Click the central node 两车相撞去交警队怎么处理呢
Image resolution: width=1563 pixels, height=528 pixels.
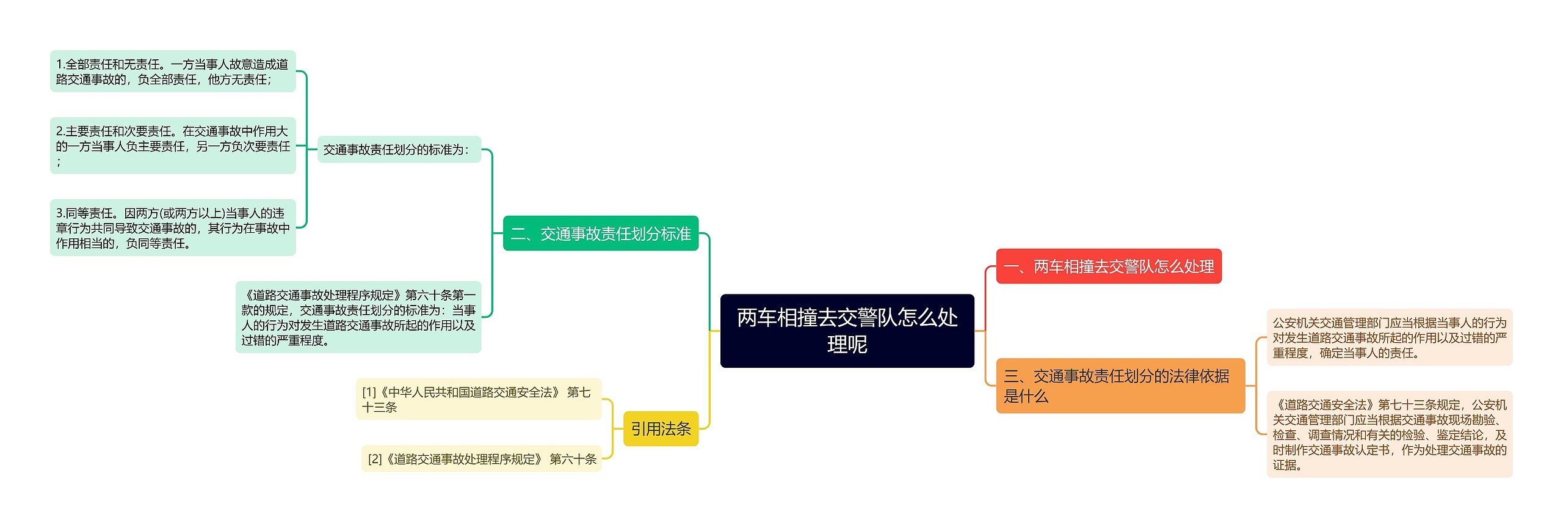pyautogui.click(x=847, y=331)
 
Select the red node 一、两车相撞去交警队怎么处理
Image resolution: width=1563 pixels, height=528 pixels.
pyautogui.click(x=1108, y=266)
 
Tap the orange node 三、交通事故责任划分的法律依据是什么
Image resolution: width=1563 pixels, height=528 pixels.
pyautogui.click(x=1120, y=386)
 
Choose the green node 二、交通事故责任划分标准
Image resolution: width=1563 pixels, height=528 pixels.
pyautogui.click(x=600, y=233)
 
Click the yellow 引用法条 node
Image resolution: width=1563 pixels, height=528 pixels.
pyautogui.click(x=661, y=429)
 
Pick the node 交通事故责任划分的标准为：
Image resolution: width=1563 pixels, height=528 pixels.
pyautogui.click(x=399, y=150)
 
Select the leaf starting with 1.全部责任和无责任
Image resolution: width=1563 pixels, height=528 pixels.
pyautogui.click(x=173, y=71)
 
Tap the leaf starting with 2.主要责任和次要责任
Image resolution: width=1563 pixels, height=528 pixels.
pyautogui.click(x=173, y=145)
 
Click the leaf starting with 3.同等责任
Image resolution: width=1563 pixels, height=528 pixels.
pyautogui.click(x=173, y=227)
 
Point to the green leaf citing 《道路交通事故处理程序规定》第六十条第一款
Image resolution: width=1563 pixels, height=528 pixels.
pyautogui.click(x=358, y=317)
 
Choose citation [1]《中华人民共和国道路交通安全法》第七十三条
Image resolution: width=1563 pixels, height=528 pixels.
pyautogui.click(x=479, y=399)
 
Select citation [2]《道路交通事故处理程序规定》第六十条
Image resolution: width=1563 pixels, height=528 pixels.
pyautogui.click(x=482, y=459)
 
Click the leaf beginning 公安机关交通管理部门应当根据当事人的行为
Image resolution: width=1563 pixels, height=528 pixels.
pyautogui.click(x=1389, y=337)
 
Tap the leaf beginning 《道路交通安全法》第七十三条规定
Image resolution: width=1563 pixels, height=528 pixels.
pyautogui.click(x=1389, y=435)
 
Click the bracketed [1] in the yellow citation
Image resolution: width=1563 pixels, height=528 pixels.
pyautogui.click(x=369, y=392)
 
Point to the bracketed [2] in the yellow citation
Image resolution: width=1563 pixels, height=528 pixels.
pyautogui.click(x=375, y=459)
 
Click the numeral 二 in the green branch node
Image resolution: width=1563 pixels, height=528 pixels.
pyautogui.click(x=518, y=234)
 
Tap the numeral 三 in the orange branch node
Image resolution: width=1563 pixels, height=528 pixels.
pyautogui.click(x=1012, y=376)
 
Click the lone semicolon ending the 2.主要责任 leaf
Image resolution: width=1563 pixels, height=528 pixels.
pyautogui.click(x=59, y=162)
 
